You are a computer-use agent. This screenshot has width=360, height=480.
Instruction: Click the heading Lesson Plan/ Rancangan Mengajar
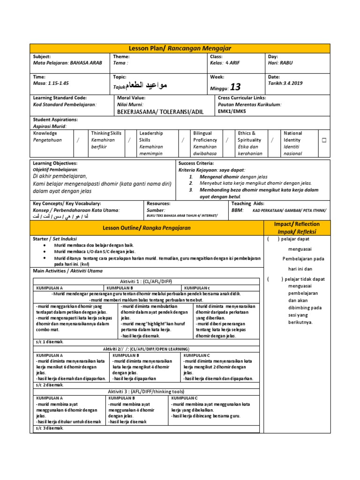[180, 48]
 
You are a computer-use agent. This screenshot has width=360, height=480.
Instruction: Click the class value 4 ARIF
[233, 63]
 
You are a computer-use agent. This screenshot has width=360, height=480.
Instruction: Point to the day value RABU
[286, 63]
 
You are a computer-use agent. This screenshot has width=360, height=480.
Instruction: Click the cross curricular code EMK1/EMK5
[232, 112]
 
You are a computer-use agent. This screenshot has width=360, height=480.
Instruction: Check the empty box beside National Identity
[323, 140]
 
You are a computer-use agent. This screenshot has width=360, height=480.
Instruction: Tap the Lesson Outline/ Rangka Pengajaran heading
[147, 228]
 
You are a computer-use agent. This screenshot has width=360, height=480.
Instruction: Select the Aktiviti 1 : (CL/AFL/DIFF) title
[146, 281]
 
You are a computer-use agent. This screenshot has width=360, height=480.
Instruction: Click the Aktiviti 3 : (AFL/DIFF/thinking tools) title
[146, 391]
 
